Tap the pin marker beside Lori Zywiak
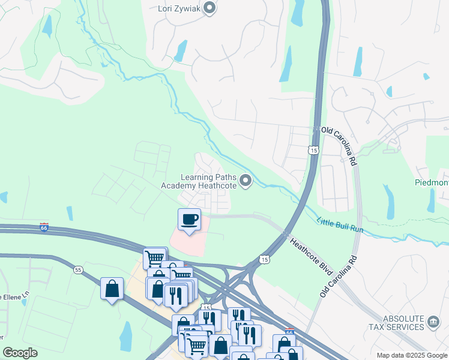click(209, 8)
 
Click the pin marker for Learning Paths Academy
click(245, 181)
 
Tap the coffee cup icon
click(190, 219)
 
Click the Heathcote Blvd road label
click(312, 256)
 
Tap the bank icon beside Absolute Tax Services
click(433, 323)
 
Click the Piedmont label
click(431, 182)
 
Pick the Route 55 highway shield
click(79, 270)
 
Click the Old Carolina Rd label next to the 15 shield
click(339, 146)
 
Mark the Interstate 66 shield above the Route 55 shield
click(43, 227)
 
